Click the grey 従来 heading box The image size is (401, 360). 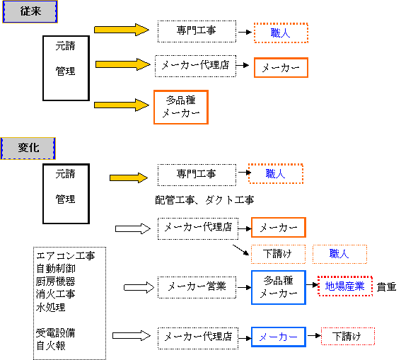[30, 12]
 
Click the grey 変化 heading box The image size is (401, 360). [28, 149]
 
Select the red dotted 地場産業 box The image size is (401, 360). [345, 286]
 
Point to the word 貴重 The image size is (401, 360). [386, 287]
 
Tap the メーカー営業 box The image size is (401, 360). [197, 287]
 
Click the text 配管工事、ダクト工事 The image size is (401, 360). [204, 200]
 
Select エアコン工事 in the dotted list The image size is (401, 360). [66, 256]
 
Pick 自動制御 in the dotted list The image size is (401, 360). [56, 269]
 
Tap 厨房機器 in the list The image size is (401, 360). [56, 281]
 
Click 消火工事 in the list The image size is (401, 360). [56, 294]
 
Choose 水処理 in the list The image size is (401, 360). [51, 307]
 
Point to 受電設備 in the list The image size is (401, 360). [56, 333]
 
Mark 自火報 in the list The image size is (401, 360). [51, 346]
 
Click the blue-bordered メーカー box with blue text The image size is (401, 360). [279, 337]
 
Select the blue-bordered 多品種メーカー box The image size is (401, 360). [279, 287]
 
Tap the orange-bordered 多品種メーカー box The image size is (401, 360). [181, 107]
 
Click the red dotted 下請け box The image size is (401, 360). [348, 336]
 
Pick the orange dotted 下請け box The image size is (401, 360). [278, 254]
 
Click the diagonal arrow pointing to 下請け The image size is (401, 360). [240, 250]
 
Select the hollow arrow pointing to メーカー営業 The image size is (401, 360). [139, 287]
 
